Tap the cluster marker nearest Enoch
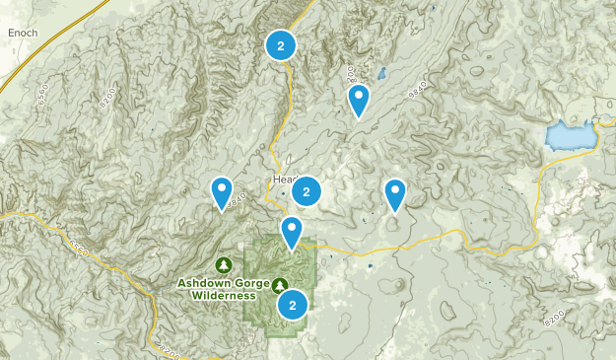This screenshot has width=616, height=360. point(281,45)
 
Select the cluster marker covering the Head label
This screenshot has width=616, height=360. point(307,191)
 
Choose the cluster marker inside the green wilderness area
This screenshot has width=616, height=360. point(292,305)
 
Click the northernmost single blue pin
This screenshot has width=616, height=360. point(359,99)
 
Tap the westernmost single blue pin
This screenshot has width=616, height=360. point(222,191)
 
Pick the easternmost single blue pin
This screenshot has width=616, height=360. point(395,193)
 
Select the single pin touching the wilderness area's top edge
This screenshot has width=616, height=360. point(292,232)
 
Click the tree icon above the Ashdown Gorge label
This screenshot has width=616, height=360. point(224,264)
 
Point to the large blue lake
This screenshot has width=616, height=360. point(570,135)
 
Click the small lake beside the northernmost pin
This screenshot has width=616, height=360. point(381,73)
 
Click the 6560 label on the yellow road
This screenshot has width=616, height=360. point(79,246)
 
